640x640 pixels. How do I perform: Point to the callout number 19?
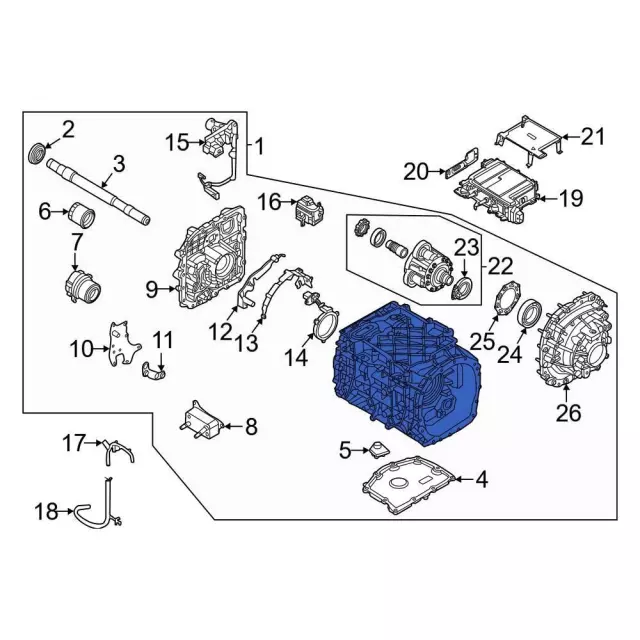[570, 199]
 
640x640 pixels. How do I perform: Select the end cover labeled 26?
[575, 335]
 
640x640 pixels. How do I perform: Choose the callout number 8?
[250, 427]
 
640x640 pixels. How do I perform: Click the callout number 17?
[76, 441]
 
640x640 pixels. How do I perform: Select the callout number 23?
[468, 247]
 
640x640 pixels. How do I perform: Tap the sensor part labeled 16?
[308, 211]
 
